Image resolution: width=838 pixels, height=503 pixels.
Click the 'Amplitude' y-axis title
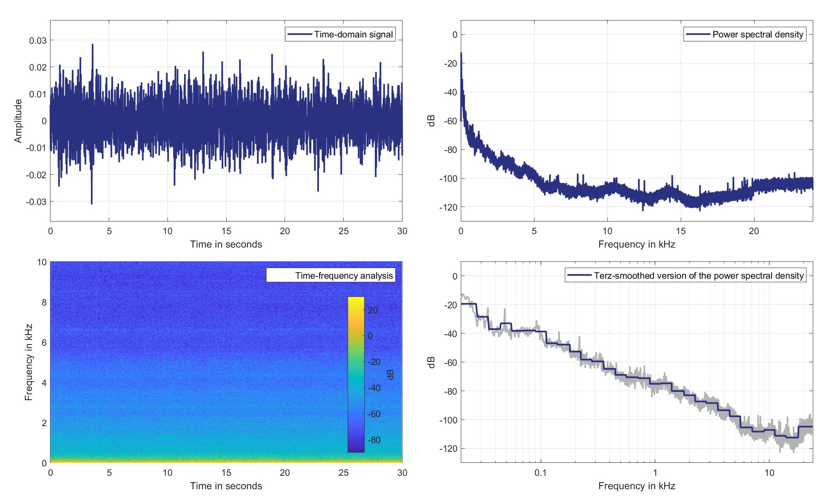pyautogui.click(x=18, y=121)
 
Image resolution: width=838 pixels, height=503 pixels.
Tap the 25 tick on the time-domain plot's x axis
pyautogui.click(x=343, y=231)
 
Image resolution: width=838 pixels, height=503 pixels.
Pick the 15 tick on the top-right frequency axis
pyautogui.click(x=681, y=231)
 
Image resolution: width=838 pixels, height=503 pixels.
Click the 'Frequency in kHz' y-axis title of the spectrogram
pyautogui.click(x=28, y=362)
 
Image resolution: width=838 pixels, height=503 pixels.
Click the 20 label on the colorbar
pyautogui.click(x=373, y=310)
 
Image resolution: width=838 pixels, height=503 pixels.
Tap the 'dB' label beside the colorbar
pyautogui.click(x=390, y=374)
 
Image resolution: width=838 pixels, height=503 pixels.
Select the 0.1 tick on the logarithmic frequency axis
pyautogui.click(x=540, y=473)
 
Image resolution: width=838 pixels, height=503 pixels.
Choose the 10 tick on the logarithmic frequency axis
pyautogui.click(x=769, y=473)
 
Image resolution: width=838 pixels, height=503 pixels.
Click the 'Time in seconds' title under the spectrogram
pyautogui.click(x=226, y=486)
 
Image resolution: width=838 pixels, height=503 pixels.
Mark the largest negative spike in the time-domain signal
pyautogui.click(x=91, y=203)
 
